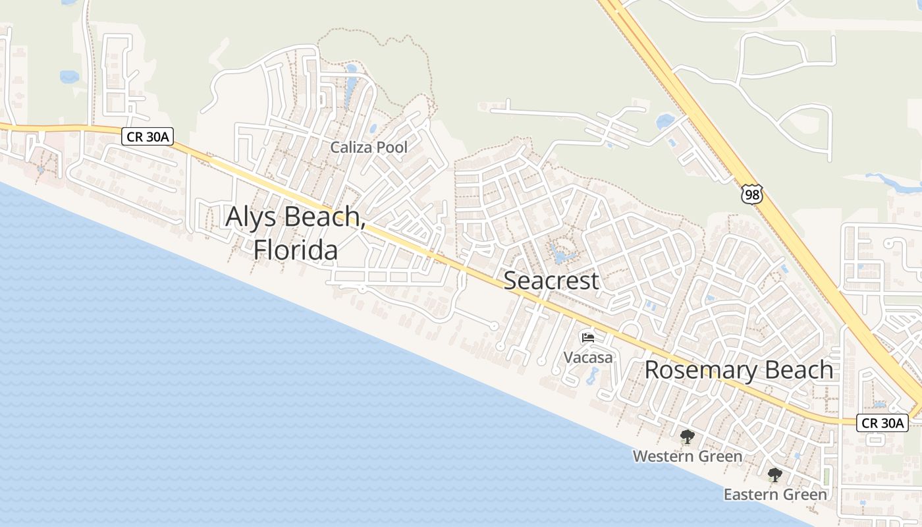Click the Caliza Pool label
[x=369, y=148]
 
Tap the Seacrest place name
[x=551, y=281]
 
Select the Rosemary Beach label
[x=738, y=370]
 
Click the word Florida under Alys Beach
[x=296, y=250]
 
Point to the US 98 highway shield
[x=751, y=194]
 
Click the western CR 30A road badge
[x=147, y=136]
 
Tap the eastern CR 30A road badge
[x=882, y=423]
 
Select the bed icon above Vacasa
[x=588, y=338]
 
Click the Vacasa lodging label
[x=588, y=358]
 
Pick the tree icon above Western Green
[x=687, y=436]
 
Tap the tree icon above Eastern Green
[x=775, y=474]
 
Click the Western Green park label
[x=687, y=456]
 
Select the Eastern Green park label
[x=775, y=494]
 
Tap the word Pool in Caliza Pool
[x=393, y=148]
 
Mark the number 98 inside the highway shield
[x=751, y=195]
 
